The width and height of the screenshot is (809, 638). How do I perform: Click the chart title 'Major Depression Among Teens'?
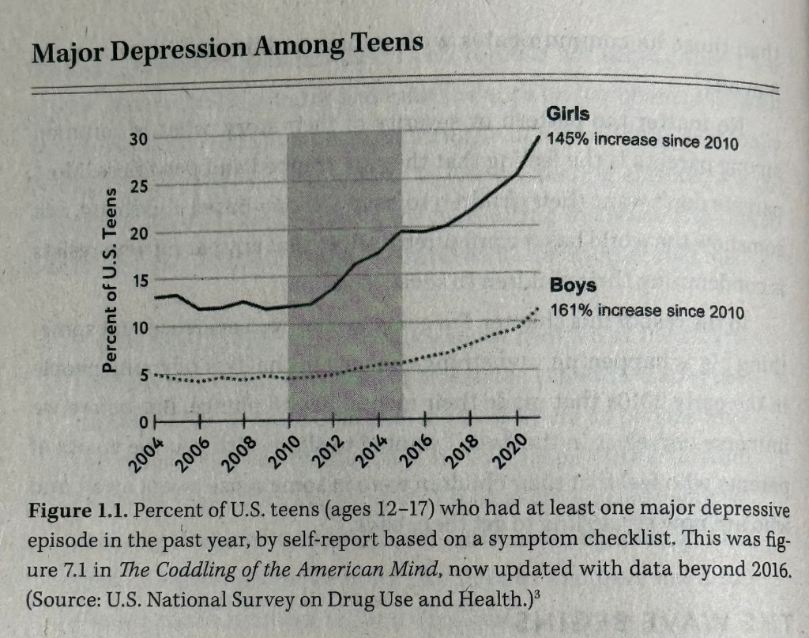[227, 48]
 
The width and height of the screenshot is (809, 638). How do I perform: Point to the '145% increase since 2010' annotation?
[642, 142]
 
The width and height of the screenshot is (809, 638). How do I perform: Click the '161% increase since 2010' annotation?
[646, 311]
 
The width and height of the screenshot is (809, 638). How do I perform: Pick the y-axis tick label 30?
[138, 140]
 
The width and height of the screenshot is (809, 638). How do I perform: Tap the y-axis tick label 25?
[138, 187]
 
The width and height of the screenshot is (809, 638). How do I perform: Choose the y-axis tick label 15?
[138, 280]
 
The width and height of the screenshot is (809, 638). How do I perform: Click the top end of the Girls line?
[540, 137]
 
